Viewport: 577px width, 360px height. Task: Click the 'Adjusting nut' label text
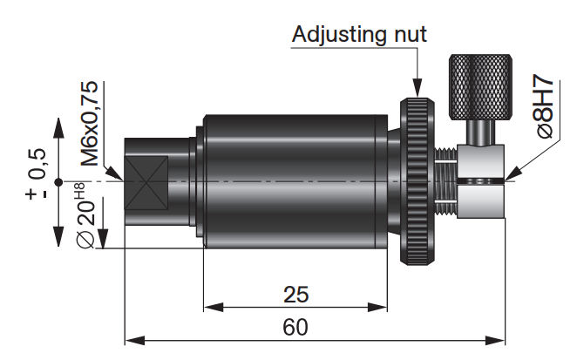point(358,35)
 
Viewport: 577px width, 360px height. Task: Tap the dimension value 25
point(296,294)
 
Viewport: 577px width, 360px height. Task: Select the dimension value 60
point(296,327)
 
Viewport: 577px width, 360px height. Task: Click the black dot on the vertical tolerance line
point(57,181)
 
